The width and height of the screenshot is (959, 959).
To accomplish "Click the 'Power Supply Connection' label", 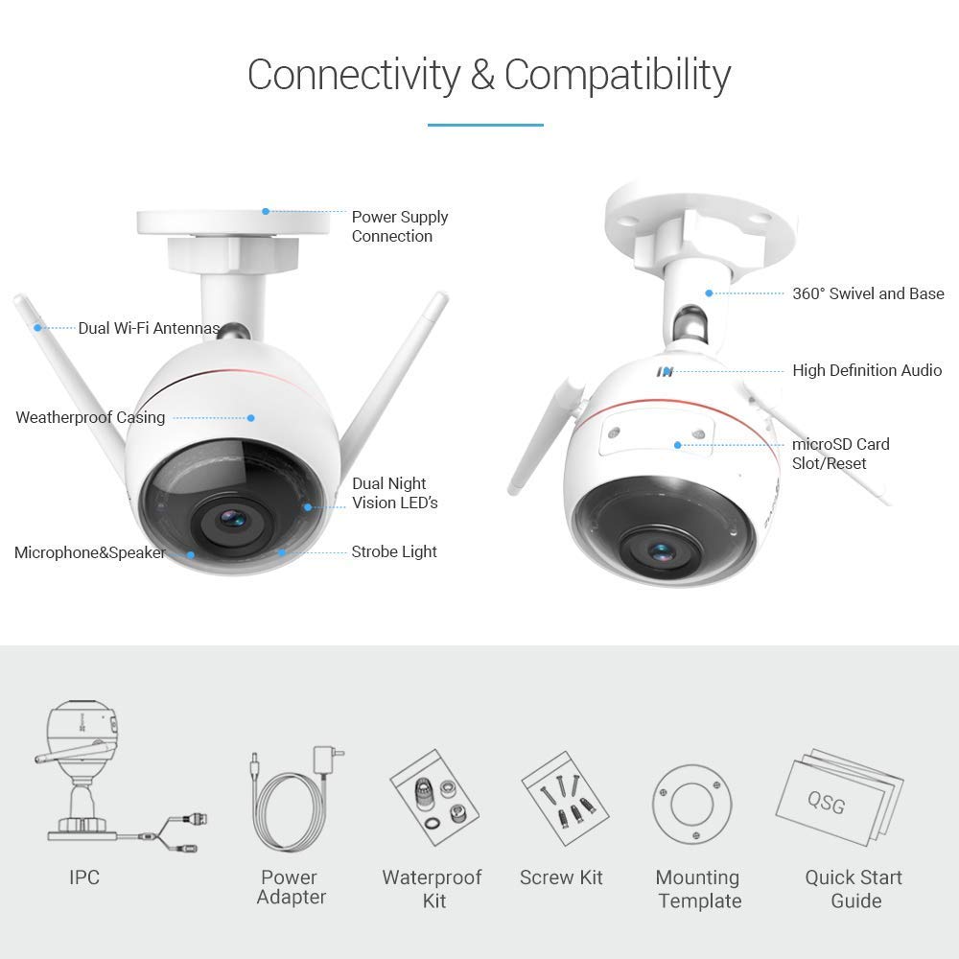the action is (x=399, y=226).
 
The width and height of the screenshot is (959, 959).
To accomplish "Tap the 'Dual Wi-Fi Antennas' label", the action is (x=149, y=328).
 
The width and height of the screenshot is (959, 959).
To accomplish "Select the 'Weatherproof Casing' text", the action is (x=90, y=418).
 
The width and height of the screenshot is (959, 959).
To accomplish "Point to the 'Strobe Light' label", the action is (x=394, y=551).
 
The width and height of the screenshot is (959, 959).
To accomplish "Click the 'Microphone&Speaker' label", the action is (x=89, y=553).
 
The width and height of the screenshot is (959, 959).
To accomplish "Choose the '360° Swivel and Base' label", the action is (x=868, y=293).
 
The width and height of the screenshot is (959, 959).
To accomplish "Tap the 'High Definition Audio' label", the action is (x=867, y=370).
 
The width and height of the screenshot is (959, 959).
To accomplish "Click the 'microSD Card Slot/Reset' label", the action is (x=840, y=454).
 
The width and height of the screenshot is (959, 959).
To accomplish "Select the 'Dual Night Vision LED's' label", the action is (x=394, y=493).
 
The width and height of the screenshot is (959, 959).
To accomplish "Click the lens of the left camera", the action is (x=232, y=520).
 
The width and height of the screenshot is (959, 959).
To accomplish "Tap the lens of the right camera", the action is (x=661, y=552).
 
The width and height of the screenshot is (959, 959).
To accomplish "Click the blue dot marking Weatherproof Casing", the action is (x=250, y=418).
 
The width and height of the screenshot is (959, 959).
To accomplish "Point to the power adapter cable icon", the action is (x=296, y=798).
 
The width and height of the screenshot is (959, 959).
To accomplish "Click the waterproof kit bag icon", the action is (x=434, y=798).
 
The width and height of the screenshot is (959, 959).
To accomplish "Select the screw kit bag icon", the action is (x=565, y=798).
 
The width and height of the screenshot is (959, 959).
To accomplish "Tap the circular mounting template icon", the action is (x=691, y=805).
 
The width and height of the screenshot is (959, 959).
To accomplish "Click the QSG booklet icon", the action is (x=839, y=798).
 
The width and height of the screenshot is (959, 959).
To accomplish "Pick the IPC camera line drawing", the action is (x=119, y=778).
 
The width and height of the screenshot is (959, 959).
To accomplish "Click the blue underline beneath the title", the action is (x=485, y=125).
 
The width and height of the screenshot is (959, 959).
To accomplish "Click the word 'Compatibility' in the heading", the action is (x=617, y=76).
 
